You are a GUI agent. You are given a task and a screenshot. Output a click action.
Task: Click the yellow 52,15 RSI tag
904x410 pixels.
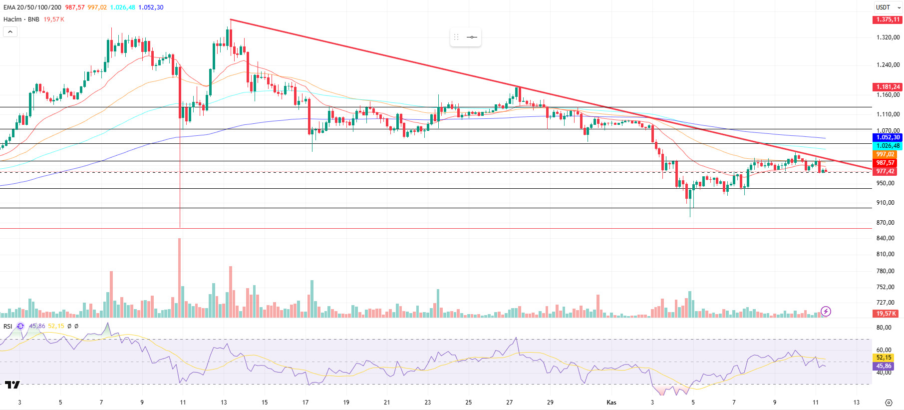[884, 358]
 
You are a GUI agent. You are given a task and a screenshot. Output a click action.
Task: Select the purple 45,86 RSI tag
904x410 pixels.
[884, 366]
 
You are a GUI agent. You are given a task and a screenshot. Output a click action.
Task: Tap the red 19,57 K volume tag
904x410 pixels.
[886, 314]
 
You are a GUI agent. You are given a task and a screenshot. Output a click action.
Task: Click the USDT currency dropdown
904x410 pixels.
[888, 7]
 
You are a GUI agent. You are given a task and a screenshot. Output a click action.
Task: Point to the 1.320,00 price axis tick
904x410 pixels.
[888, 37]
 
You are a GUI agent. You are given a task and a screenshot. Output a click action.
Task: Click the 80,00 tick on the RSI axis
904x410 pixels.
[884, 328]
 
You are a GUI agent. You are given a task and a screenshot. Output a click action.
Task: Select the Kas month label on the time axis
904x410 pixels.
[611, 403]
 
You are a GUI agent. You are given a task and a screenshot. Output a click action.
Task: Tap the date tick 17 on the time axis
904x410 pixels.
[305, 403]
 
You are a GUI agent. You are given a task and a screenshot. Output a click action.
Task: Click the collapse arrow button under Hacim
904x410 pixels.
[10, 32]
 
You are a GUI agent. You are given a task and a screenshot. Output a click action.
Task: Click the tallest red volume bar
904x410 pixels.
[180, 277]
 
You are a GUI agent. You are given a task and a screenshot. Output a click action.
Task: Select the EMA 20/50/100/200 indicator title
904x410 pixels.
[32, 7]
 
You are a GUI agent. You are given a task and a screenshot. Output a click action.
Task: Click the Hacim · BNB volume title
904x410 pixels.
[21, 19]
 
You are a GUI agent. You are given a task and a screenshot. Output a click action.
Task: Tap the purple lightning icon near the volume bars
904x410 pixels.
[826, 312]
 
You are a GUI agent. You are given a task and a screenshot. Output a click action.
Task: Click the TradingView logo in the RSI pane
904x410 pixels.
[12, 385]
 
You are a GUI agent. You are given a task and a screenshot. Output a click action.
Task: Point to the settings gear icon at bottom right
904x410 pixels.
[889, 403]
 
